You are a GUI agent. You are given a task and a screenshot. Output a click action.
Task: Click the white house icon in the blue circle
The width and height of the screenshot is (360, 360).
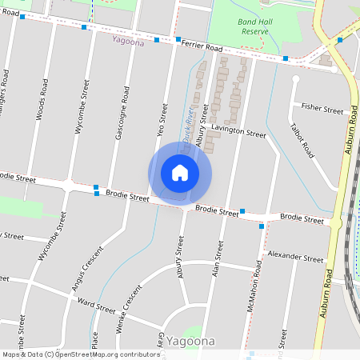180,173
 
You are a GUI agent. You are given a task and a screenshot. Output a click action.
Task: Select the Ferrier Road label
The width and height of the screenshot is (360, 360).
202,47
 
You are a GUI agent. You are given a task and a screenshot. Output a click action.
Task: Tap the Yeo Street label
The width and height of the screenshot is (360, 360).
164,118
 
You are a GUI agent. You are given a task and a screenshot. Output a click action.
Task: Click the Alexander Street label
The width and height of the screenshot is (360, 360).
295,258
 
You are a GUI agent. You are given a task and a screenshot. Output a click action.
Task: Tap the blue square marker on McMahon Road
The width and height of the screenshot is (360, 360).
262,226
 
